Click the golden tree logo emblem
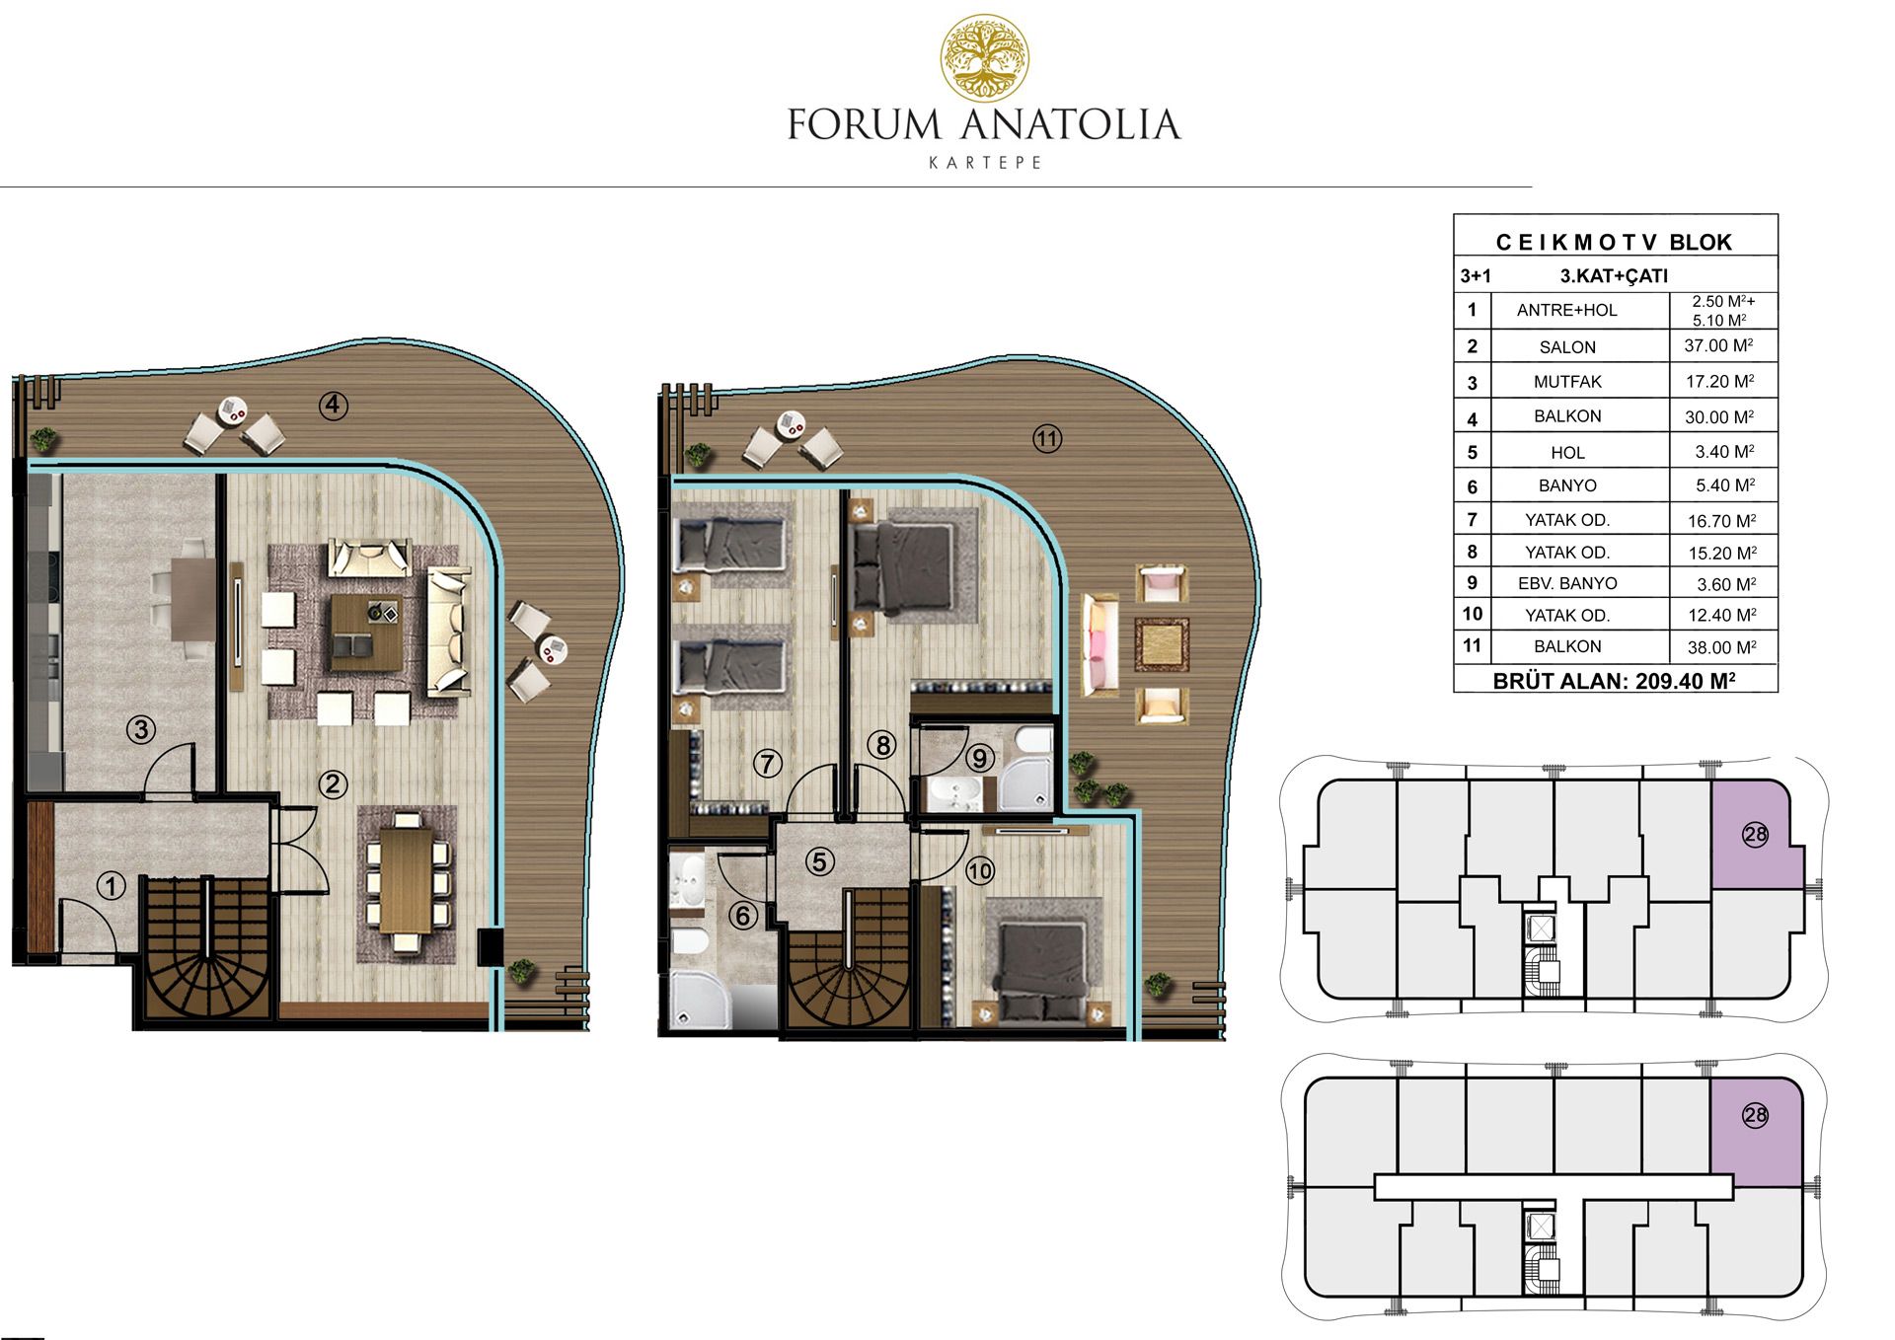pyautogui.click(x=984, y=58)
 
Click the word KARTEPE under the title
pyautogui.click(x=985, y=163)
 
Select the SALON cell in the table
pyautogui.click(x=1567, y=346)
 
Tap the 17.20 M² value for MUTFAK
pyautogui.click(x=1719, y=381)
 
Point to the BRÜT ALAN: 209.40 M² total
pyautogui.click(x=1614, y=681)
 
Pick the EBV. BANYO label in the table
pyautogui.click(x=1567, y=583)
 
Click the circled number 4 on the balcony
pyautogui.click(x=334, y=405)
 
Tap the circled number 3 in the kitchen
pyautogui.click(x=141, y=730)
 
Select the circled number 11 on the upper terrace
pyautogui.click(x=1047, y=439)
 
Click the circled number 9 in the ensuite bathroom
pyautogui.click(x=979, y=758)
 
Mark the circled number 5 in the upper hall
pyautogui.click(x=819, y=861)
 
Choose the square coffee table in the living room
pyautogui.click(x=365, y=633)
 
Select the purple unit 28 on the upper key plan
pyautogui.click(x=1757, y=834)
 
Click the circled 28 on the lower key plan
pyautogui.click(x=1755, y=1116)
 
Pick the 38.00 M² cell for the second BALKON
pyautogui.click(x=1720, y=647)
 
